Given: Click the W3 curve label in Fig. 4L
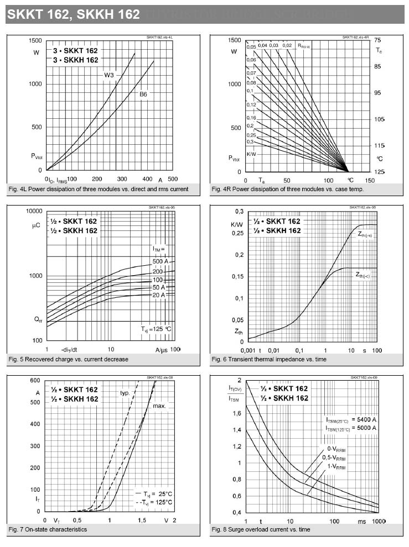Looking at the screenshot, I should [109, 74].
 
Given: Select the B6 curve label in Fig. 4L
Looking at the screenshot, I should [143, 94].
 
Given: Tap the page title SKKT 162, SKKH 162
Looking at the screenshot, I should [73, 14].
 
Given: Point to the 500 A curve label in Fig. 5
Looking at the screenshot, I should [160, 261].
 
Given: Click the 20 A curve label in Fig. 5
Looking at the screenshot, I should [160, 295].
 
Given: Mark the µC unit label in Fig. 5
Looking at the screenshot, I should [37, 225].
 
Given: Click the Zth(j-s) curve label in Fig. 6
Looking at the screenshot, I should [364, 235].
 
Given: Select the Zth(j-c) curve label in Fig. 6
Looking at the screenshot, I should [363, 275].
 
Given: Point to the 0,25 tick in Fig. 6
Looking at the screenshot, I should [236, 234].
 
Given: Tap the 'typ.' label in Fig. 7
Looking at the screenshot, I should [125, 392].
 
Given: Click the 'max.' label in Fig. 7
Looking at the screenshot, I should [159, 406].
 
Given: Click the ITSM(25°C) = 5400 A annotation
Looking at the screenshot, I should [351, 419].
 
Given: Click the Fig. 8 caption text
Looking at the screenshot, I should [260, 530].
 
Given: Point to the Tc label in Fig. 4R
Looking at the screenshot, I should [379, 51].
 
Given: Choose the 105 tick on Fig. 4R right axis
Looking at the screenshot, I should [379, 119].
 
